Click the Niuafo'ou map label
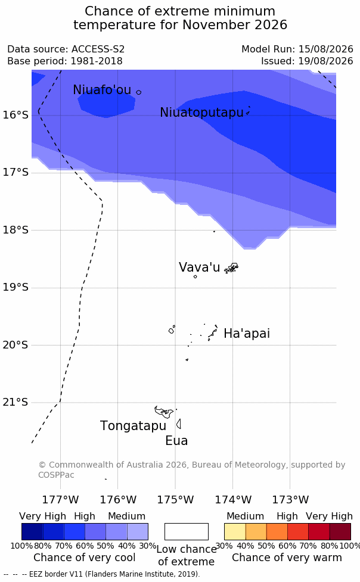[102, 90]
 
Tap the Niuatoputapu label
[201, 113]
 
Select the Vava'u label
[200, 267]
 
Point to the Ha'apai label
[247, 334]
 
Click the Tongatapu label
[133, 426]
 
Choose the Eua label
[176, 441]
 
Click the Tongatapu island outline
[164, 412]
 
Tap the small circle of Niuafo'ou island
[138, 92]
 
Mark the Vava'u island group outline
[231, 267]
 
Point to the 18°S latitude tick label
[15, 230]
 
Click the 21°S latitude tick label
[15, 402]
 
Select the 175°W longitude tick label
[175, 500]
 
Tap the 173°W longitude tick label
[290, 500]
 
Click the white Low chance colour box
[187, 531]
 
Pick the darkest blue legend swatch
[32, 531]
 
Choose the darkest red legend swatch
[340, 531]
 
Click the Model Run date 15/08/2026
[326, 49]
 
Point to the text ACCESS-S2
[98, 49]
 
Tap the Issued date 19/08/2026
[326, 61]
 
